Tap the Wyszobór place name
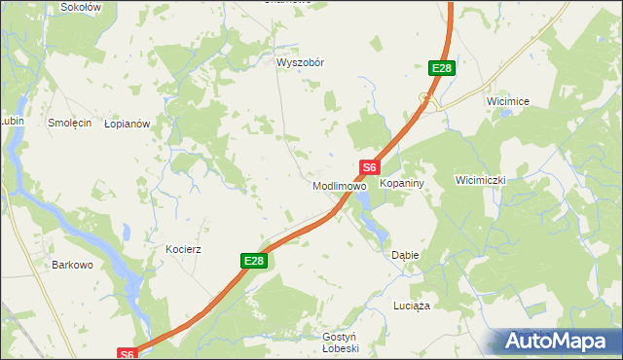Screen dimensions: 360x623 (300, 62)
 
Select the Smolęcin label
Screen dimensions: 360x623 (69, 124)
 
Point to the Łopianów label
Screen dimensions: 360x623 (127, 125)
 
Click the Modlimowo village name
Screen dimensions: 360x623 (338, 185)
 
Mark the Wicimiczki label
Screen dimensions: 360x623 (481, 180)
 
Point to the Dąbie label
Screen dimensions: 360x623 (405, 255)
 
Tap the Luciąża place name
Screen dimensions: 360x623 (411, 306)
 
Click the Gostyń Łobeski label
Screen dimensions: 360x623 (341, 342)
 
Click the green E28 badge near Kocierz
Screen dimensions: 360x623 (253, 261)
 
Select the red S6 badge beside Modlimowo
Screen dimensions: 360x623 (368, 167)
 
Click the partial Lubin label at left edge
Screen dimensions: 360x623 (11, 121)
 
